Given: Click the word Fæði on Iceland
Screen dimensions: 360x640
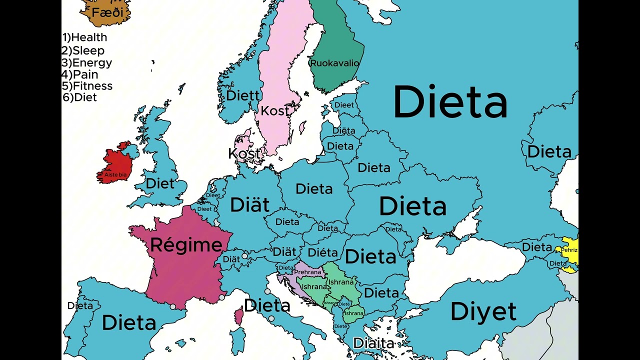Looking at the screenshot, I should click(107, 12).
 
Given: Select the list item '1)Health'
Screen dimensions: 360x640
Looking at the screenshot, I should click(84, 37).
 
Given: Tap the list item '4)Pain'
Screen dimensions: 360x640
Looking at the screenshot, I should click(80, 74).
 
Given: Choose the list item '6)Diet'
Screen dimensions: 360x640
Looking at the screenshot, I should click(79, 97).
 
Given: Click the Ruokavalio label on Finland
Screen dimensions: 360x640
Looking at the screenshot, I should click(334, 63).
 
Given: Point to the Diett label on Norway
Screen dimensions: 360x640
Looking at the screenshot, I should click(243, 95).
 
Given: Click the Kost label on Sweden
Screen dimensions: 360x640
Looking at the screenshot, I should click(275, 111).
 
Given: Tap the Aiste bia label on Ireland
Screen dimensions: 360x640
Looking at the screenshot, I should click(115, 175).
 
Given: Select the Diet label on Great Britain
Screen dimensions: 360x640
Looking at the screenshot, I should click(160, 183).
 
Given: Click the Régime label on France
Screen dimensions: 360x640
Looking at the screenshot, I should click(186, 245).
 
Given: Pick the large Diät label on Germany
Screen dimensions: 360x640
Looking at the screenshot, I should click(249, 205).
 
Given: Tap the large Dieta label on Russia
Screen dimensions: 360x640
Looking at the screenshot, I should click(450, 102).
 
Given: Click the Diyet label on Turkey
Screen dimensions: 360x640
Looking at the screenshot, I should click(483, 312).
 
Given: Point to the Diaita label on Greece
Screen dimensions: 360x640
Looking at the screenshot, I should click(373, 343).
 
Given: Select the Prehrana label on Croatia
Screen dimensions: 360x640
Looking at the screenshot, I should click(307, 272).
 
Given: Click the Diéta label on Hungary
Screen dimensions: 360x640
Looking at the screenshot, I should click(322, 252).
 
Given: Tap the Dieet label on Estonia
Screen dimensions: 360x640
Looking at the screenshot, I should click(344, 105).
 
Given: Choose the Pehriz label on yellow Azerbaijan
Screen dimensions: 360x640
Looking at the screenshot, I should click(569, 250).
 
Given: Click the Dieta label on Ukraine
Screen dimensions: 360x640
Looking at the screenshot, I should click(412, 206).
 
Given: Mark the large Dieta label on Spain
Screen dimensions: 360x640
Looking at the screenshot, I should click(129, 323).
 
